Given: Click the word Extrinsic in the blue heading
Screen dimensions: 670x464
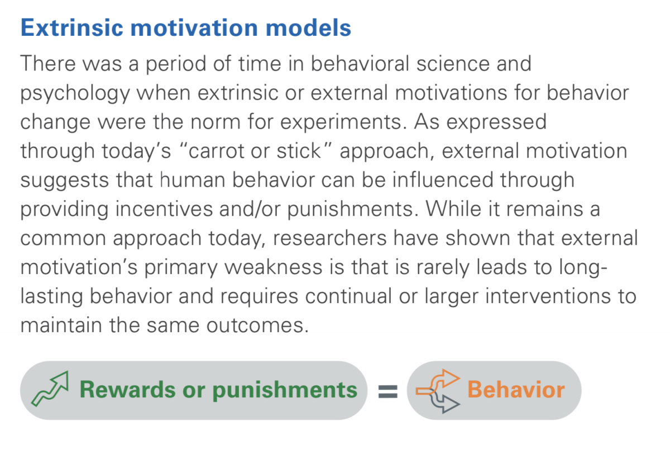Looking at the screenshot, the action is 72,27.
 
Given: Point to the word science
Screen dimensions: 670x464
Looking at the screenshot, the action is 453,64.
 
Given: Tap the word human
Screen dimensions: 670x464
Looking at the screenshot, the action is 193,180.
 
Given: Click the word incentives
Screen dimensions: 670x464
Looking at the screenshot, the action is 164,209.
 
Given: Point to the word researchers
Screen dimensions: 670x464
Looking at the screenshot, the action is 330,238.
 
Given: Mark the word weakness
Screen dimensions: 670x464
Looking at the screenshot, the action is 274,267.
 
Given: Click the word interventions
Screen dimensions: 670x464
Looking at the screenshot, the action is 548,296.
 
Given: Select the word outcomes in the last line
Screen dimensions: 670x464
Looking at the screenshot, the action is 257,325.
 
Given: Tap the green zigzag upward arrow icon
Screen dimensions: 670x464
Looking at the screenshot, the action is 50,389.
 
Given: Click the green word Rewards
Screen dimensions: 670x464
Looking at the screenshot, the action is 128,390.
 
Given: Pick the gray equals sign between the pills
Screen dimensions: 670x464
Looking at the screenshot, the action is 388,391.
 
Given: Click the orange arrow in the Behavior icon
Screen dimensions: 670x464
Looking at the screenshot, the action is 438,382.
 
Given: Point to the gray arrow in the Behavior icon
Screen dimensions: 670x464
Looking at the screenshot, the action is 446,403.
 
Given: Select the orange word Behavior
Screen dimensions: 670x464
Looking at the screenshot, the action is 516,390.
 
